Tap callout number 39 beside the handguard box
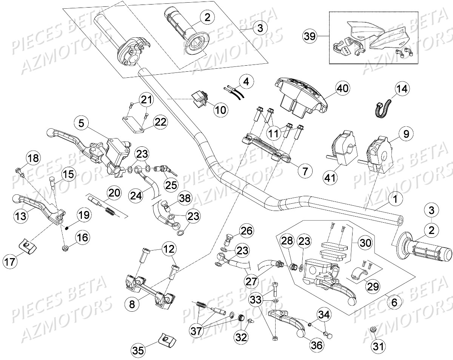(x=311, y=36)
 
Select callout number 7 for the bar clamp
(x=305, y=171)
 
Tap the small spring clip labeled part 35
(x=165, y=340)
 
